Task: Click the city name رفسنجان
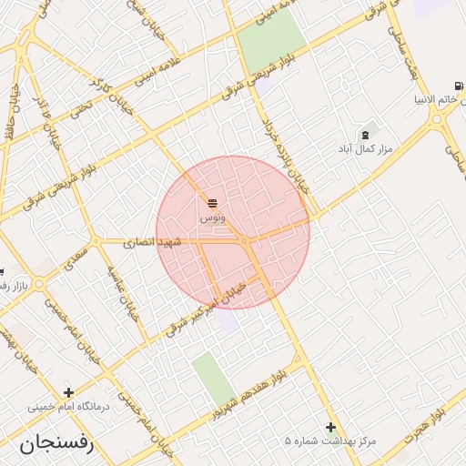tap(55, 444)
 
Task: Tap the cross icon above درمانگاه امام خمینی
tap(68, 392)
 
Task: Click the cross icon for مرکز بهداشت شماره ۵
tap(330, 426)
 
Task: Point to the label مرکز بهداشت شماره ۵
tap(330, 441)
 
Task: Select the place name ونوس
tap(211, 218)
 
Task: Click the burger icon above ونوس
tap(212, 203)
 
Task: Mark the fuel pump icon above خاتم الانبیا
tap(459, 86)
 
